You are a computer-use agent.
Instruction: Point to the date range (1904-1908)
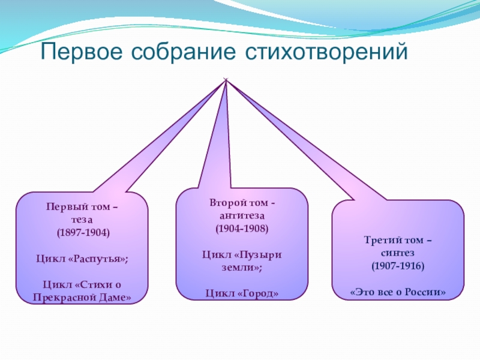[x=242, y=229]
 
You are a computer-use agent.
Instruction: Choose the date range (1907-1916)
[x=398, y=265]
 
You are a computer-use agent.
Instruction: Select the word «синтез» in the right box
[x=398, y=253]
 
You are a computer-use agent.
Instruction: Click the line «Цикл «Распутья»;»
[x=83, y=258]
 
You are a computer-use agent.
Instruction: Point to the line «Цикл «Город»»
[x=242, y=293]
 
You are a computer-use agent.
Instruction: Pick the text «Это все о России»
[x=398, y=292]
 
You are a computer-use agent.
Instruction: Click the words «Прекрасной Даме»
[x=83, y=298]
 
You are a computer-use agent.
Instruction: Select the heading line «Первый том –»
[x=83, y=208]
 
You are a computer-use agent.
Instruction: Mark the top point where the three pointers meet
[x=226, y=80]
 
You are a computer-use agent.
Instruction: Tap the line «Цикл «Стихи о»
[x=83, y=284]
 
